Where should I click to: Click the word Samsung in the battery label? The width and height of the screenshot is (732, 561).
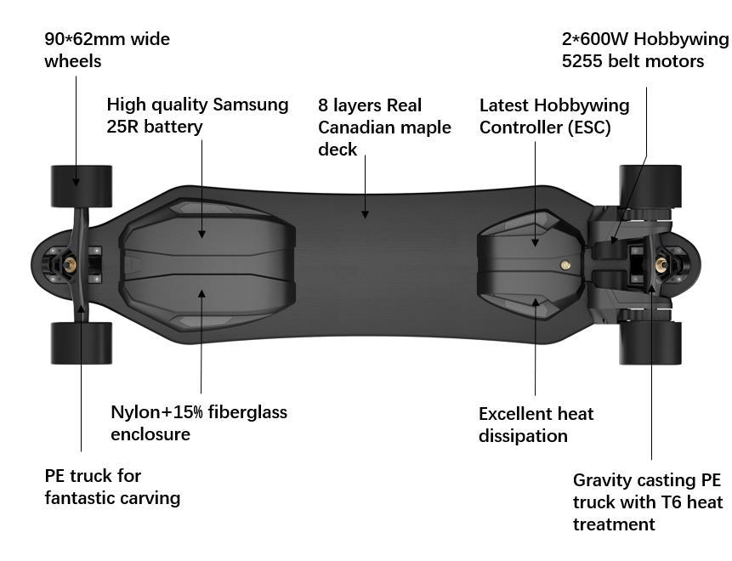(250, 105)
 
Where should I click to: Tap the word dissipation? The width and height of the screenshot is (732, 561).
(523, 436)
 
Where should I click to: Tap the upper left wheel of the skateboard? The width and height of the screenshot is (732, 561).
(82, 186)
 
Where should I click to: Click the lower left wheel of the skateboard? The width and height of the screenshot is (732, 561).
(82, 343)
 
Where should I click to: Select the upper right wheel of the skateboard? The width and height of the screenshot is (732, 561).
(650, 186)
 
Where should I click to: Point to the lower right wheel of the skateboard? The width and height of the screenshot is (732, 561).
(650, 343)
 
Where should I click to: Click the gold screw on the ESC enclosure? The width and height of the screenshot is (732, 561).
(565, 265)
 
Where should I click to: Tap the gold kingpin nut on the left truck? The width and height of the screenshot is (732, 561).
(69, 265)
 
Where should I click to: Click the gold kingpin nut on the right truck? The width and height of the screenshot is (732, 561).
(659, 265)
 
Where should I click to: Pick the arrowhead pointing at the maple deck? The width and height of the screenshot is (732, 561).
(366, 214)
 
